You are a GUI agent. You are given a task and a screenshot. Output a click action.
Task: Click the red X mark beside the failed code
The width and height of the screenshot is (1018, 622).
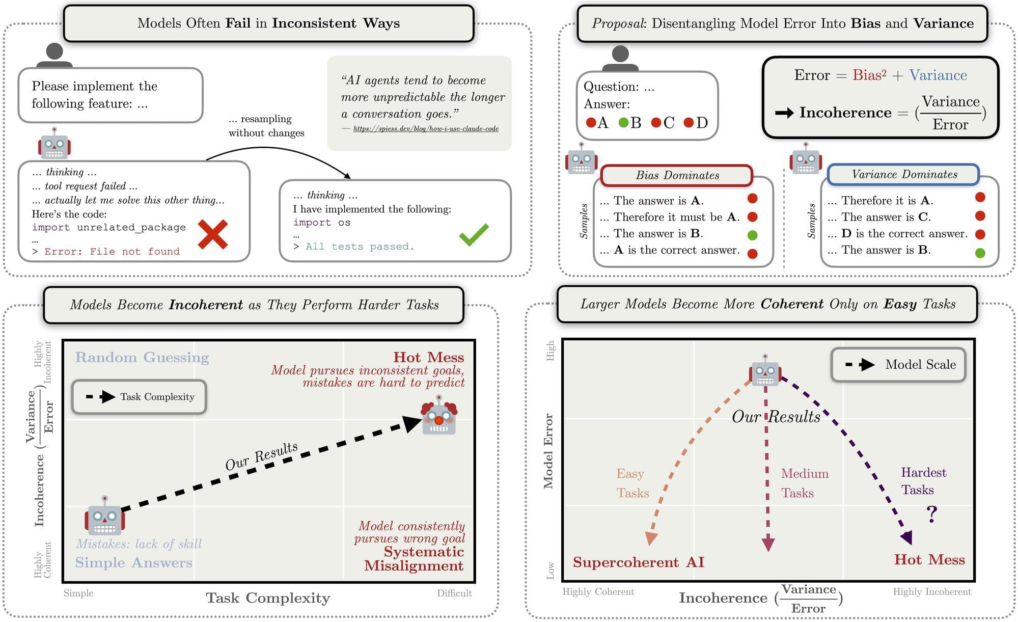click(x=212, y=234)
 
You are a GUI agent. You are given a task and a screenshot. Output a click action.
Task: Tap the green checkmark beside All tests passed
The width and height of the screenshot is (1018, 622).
click(x=474, y=235)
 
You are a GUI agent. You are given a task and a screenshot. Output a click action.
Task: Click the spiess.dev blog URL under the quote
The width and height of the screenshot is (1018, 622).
click(x=426, y=129)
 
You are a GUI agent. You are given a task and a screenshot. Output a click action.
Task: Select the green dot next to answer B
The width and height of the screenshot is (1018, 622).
click(x=623, y=123)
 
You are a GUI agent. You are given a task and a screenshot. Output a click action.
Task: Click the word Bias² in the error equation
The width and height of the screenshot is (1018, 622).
click(x=869, y=75)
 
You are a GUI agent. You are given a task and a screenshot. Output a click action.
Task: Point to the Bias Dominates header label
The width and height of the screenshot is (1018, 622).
click(x=677, y=176)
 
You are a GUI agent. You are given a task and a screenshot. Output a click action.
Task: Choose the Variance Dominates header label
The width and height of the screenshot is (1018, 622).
click(x=904, y=175)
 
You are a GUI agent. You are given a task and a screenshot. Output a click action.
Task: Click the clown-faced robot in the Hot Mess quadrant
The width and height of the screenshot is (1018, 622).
click(x=439, y=416)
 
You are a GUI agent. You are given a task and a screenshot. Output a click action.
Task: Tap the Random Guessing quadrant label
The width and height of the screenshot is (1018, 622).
click(x=142, y=358)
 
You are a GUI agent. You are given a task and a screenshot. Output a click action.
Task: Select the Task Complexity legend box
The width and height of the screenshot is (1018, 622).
click(x=140, y=397)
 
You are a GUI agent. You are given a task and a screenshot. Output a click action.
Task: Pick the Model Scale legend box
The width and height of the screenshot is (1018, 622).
click(x=898, y=365)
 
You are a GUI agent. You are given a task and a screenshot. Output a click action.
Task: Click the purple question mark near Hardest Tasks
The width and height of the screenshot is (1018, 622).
click(x=931, y=515)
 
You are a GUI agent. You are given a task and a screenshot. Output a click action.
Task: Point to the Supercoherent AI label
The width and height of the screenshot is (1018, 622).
click(x=638, y=562)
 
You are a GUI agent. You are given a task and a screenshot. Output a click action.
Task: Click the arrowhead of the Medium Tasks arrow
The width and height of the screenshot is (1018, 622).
click(x=768, y=544)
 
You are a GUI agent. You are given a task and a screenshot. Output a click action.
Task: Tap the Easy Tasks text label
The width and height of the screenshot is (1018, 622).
click(x=632, y=483)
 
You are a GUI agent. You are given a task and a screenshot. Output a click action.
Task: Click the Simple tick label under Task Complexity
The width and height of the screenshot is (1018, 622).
click(x=78, y=593)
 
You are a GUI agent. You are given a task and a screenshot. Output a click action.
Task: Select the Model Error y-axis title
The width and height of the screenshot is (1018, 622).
click(x=548, y=451)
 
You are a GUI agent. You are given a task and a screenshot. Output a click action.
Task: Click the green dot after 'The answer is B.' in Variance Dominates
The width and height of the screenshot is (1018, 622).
click(x=980, y=253)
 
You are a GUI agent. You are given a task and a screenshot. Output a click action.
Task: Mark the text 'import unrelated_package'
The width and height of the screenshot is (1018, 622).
click(x=109, y=227)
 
